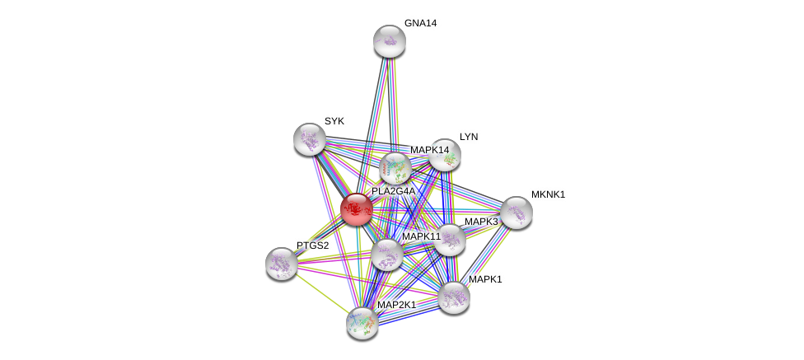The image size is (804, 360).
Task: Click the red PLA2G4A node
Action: pos(357,209)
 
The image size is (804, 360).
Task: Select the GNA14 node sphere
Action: pos(390,41)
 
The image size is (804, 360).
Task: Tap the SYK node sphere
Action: pos(310,139)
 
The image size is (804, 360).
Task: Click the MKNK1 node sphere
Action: pos(516,213)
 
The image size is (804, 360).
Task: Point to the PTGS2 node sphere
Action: pos(282,264)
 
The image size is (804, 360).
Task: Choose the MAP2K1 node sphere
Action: pos(362,323)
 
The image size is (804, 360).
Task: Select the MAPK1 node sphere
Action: pos(454,297)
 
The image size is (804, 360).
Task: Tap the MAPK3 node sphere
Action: pos(450,240)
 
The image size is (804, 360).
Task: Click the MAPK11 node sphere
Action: pos(386,255)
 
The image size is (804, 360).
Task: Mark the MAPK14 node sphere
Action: pos(395,169)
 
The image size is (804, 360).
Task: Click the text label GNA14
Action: pos(420,23)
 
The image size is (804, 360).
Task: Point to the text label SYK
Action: pos(334,121)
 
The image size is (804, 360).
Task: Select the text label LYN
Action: pos(469,137)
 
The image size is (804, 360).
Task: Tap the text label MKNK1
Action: pos(548,194)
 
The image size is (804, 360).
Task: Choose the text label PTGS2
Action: pos(313,245)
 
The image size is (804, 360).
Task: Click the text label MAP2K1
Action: pos(396,305)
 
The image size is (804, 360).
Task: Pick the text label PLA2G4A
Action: pos(393,191)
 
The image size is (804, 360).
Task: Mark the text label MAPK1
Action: pos(485,279)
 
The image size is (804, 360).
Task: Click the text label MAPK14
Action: pos(429,150)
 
